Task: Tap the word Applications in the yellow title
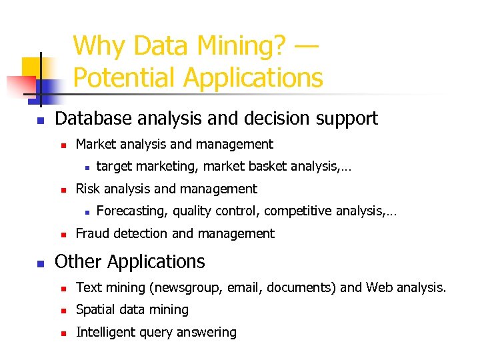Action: click(253, 77)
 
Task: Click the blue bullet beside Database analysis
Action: click(40, 121)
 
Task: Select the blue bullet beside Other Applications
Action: click(40, 263)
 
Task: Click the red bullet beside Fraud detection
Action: click(61, 235)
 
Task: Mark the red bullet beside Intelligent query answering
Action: click(61, 333)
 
